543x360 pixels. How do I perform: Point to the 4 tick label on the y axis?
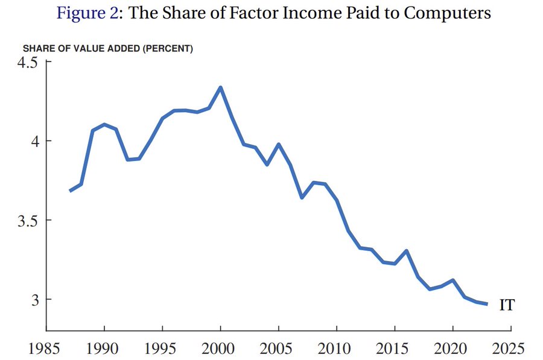coord(33,142)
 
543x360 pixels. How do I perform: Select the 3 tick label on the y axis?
coord(33,300)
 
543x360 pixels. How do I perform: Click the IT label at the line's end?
coord(507,305)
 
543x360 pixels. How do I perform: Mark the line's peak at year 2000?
coord(221,87)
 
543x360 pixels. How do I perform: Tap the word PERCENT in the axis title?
coord(173,49)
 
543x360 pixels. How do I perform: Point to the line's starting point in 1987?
coord(70,191)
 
